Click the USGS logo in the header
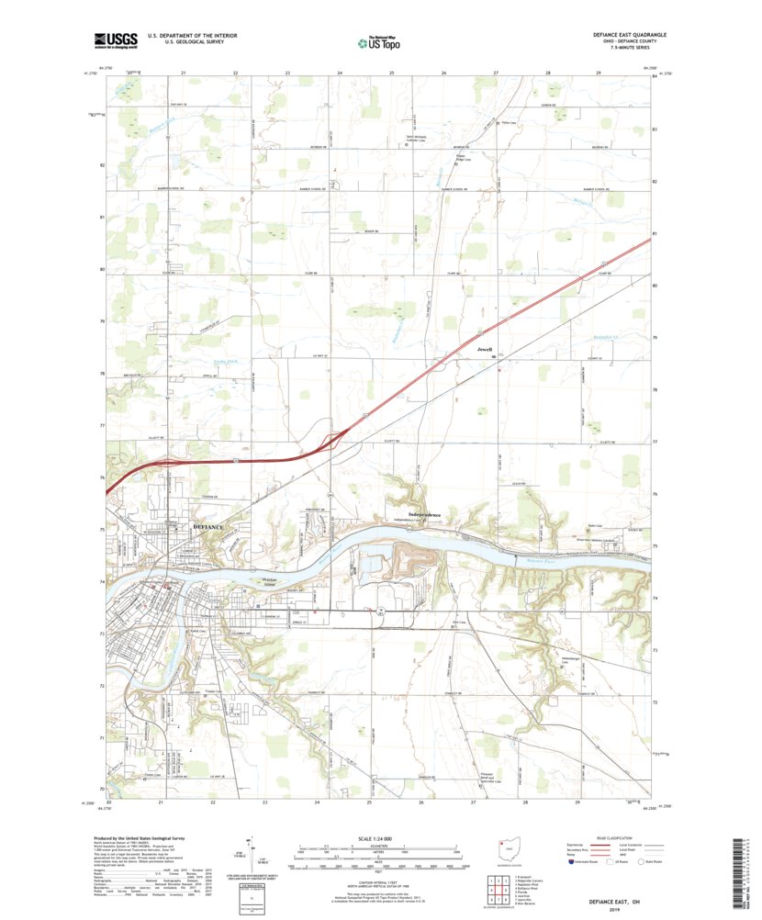tap(115, 39)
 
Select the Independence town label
tap(424, 515)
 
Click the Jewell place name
tap(485, 350)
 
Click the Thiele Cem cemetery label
tap(505, 124)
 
